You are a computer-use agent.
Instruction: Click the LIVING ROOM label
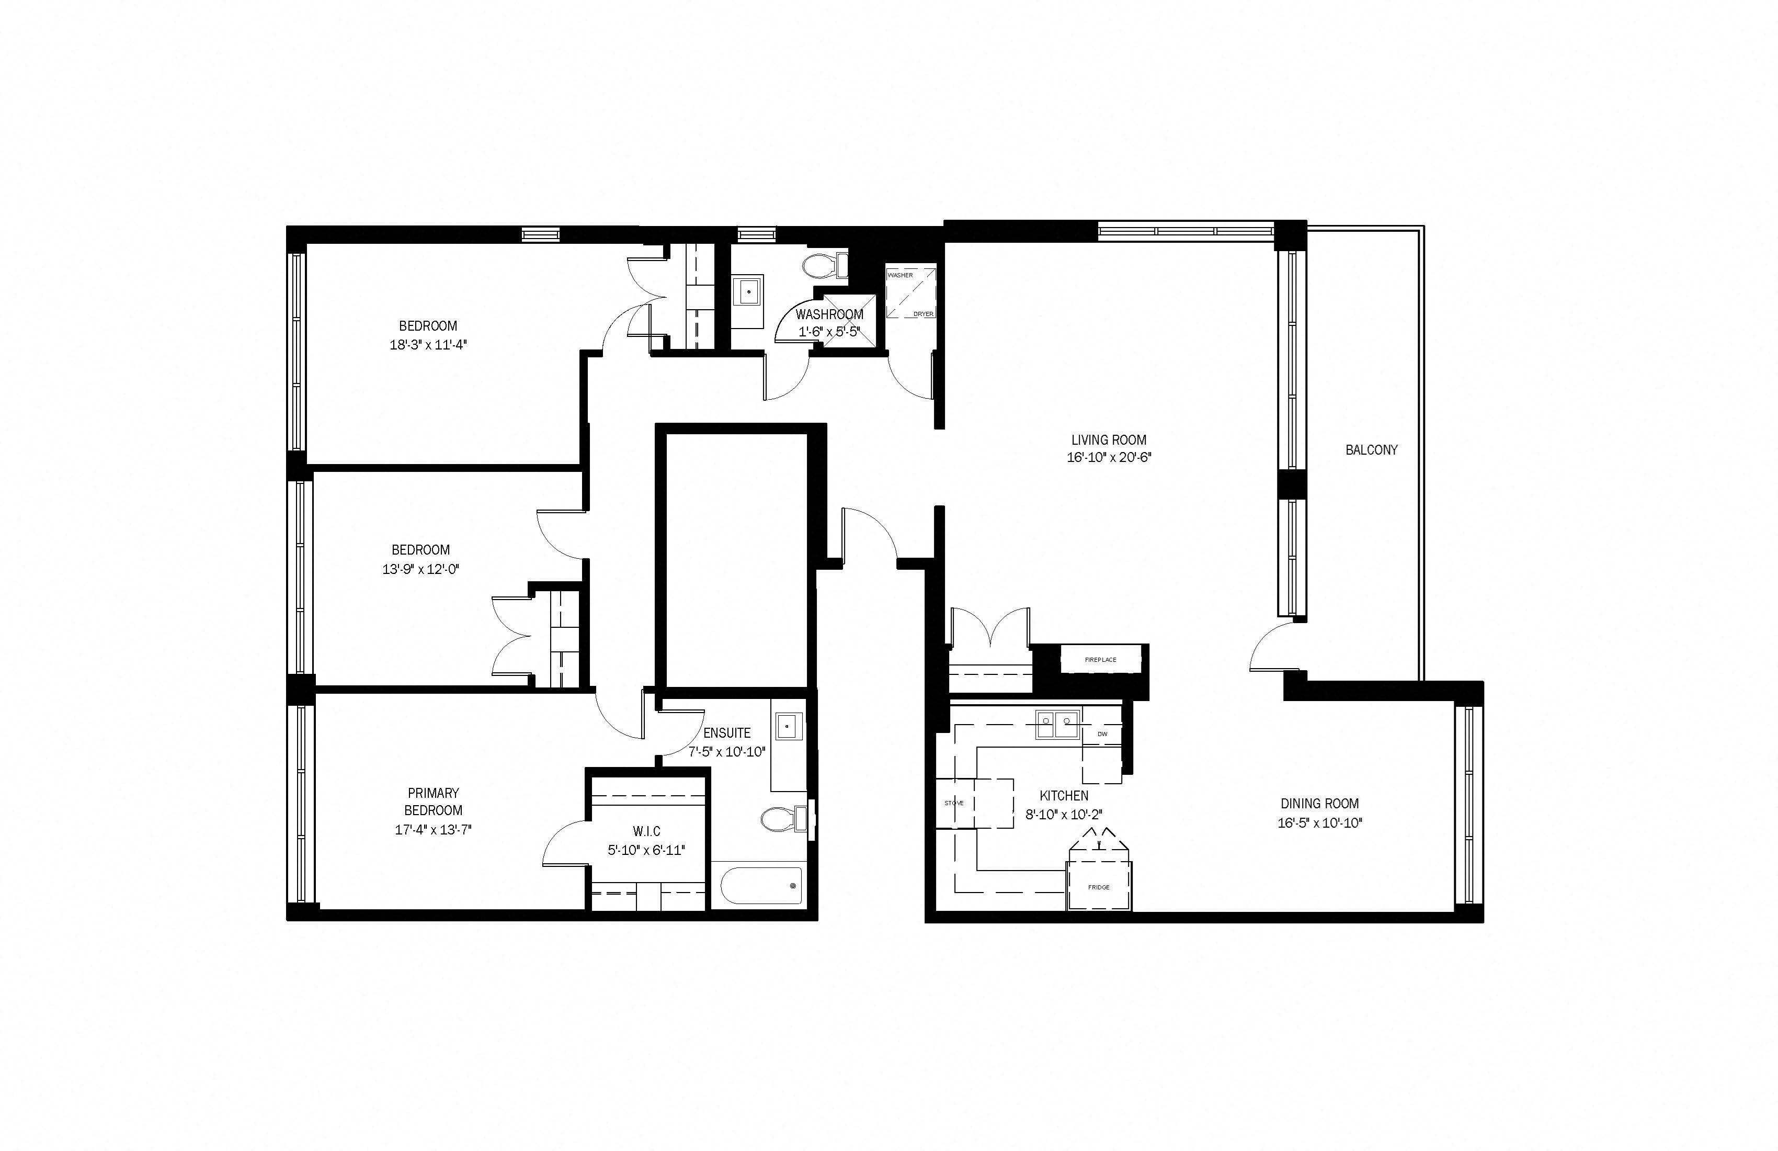click(x=1109, y=440)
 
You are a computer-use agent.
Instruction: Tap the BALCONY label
click(x=1371, y=450)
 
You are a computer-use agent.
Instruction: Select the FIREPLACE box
click(x=1100, y=660)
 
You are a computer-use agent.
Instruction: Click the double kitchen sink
click(x=1057, y=724)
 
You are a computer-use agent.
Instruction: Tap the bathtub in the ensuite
click(x=760, y=886)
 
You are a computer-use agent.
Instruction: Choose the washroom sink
click(x=748, y=291)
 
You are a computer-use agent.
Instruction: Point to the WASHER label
click(x=900, y=275)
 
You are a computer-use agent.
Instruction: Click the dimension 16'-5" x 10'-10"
click(x=1320, y=823)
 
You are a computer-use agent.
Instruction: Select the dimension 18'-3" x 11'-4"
click(x=428, y=345)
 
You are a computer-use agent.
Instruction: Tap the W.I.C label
click(x=646, y=831)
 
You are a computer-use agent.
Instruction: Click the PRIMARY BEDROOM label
click(x=434, y=801)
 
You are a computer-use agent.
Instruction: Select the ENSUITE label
click(x=727, y=733)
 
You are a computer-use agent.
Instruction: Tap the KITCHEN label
click(x=1064, y=796)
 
